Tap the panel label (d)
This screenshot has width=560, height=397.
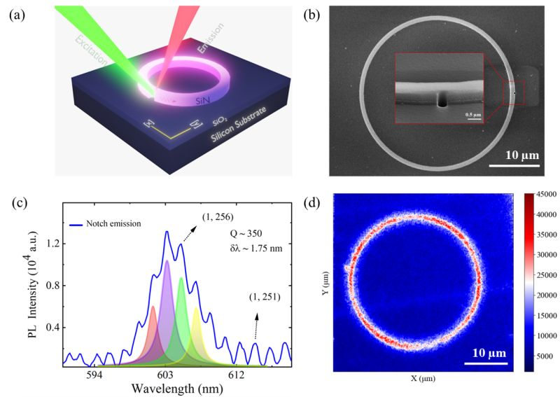312,203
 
